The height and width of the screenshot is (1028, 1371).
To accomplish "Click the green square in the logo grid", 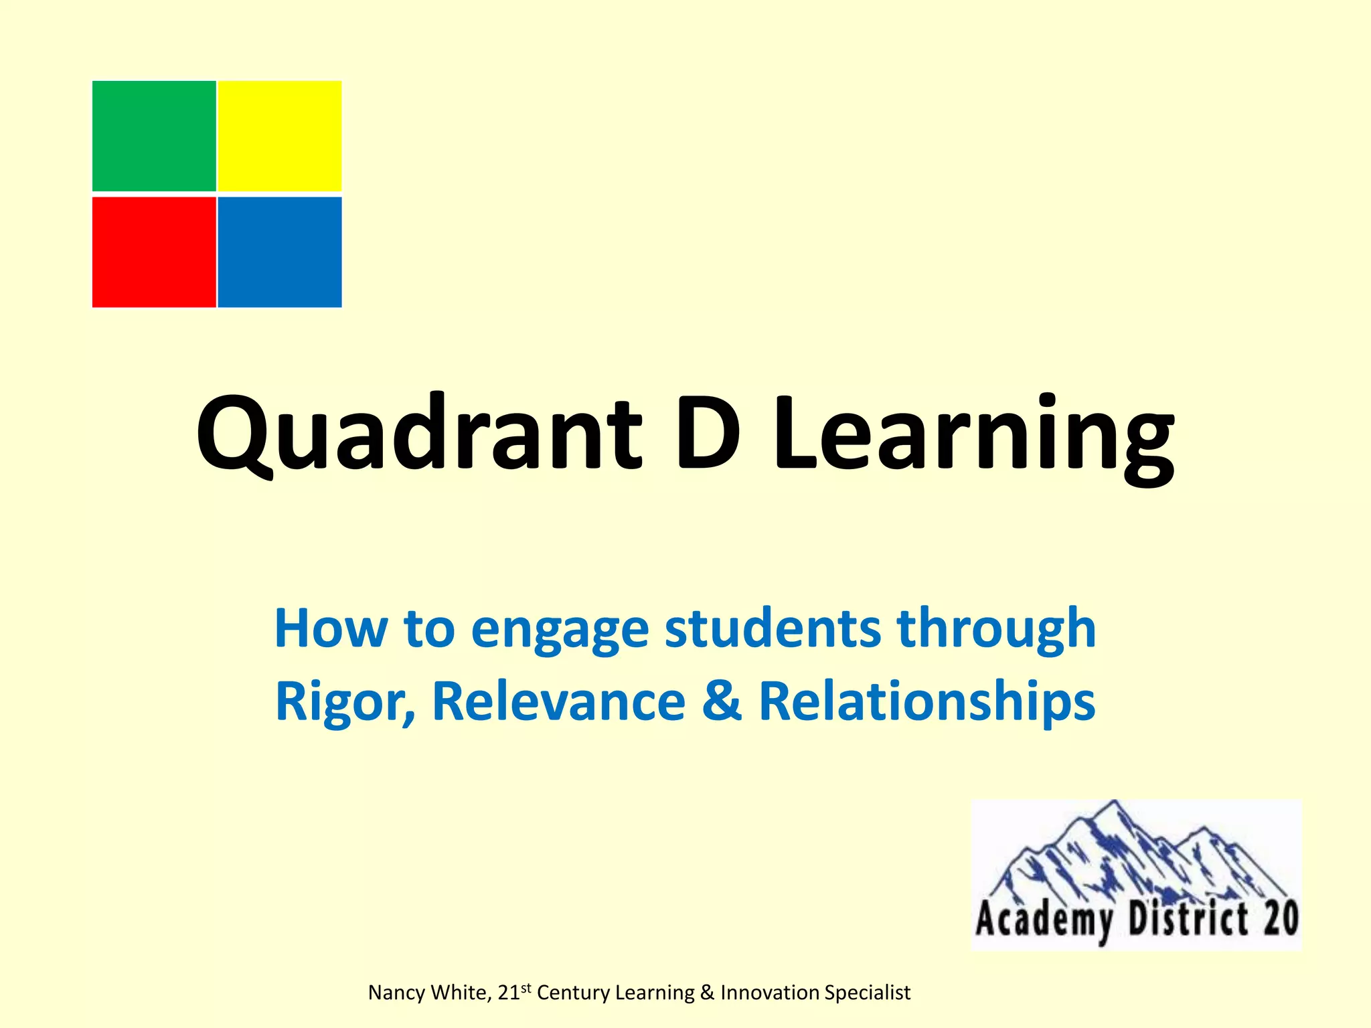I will click(x=154, y=136).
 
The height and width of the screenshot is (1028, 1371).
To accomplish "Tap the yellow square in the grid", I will click(x=280, y=136).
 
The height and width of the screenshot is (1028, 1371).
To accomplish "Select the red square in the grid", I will click(x=154, y=252).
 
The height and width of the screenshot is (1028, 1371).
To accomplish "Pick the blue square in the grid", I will click(x=280, y=252).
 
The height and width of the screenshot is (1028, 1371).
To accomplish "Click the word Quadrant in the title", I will click(x=419, y=432).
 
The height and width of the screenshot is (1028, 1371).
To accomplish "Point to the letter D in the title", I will click(x=707, y=432).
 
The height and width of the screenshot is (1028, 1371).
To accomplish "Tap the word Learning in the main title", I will click(x=973, y=435).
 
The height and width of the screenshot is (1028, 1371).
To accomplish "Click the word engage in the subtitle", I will click(x=560, y=630).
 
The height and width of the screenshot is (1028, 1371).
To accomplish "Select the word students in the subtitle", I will click(x=773, y=628).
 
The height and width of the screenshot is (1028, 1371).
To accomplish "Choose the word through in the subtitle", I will click(x=996, y=630).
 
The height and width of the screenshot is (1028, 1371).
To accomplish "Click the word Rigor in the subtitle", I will click(x=345, y=701).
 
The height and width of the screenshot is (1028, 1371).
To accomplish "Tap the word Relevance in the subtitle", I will click(x=560, y=701).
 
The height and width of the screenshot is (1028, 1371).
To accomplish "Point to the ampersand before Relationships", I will click(x=722, y=701).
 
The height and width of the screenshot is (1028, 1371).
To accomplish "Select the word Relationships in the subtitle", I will click(x=927, y=702).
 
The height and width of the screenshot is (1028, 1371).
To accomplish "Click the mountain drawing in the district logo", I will click(x=1131, y=853).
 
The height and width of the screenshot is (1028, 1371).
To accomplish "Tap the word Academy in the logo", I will click(x=1045, y=920).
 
